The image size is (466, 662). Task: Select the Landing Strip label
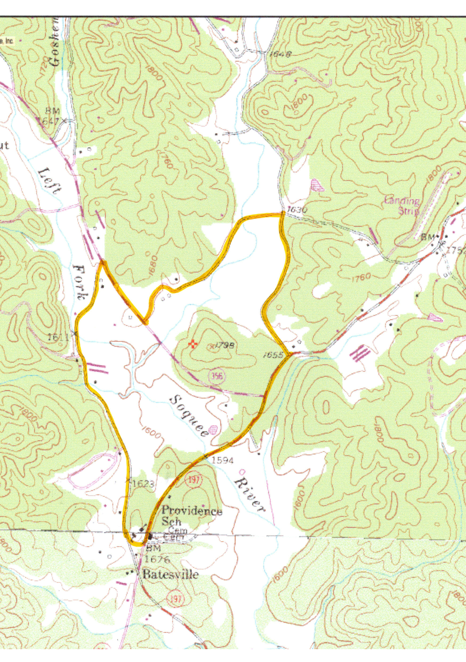(x=401, y=206)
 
